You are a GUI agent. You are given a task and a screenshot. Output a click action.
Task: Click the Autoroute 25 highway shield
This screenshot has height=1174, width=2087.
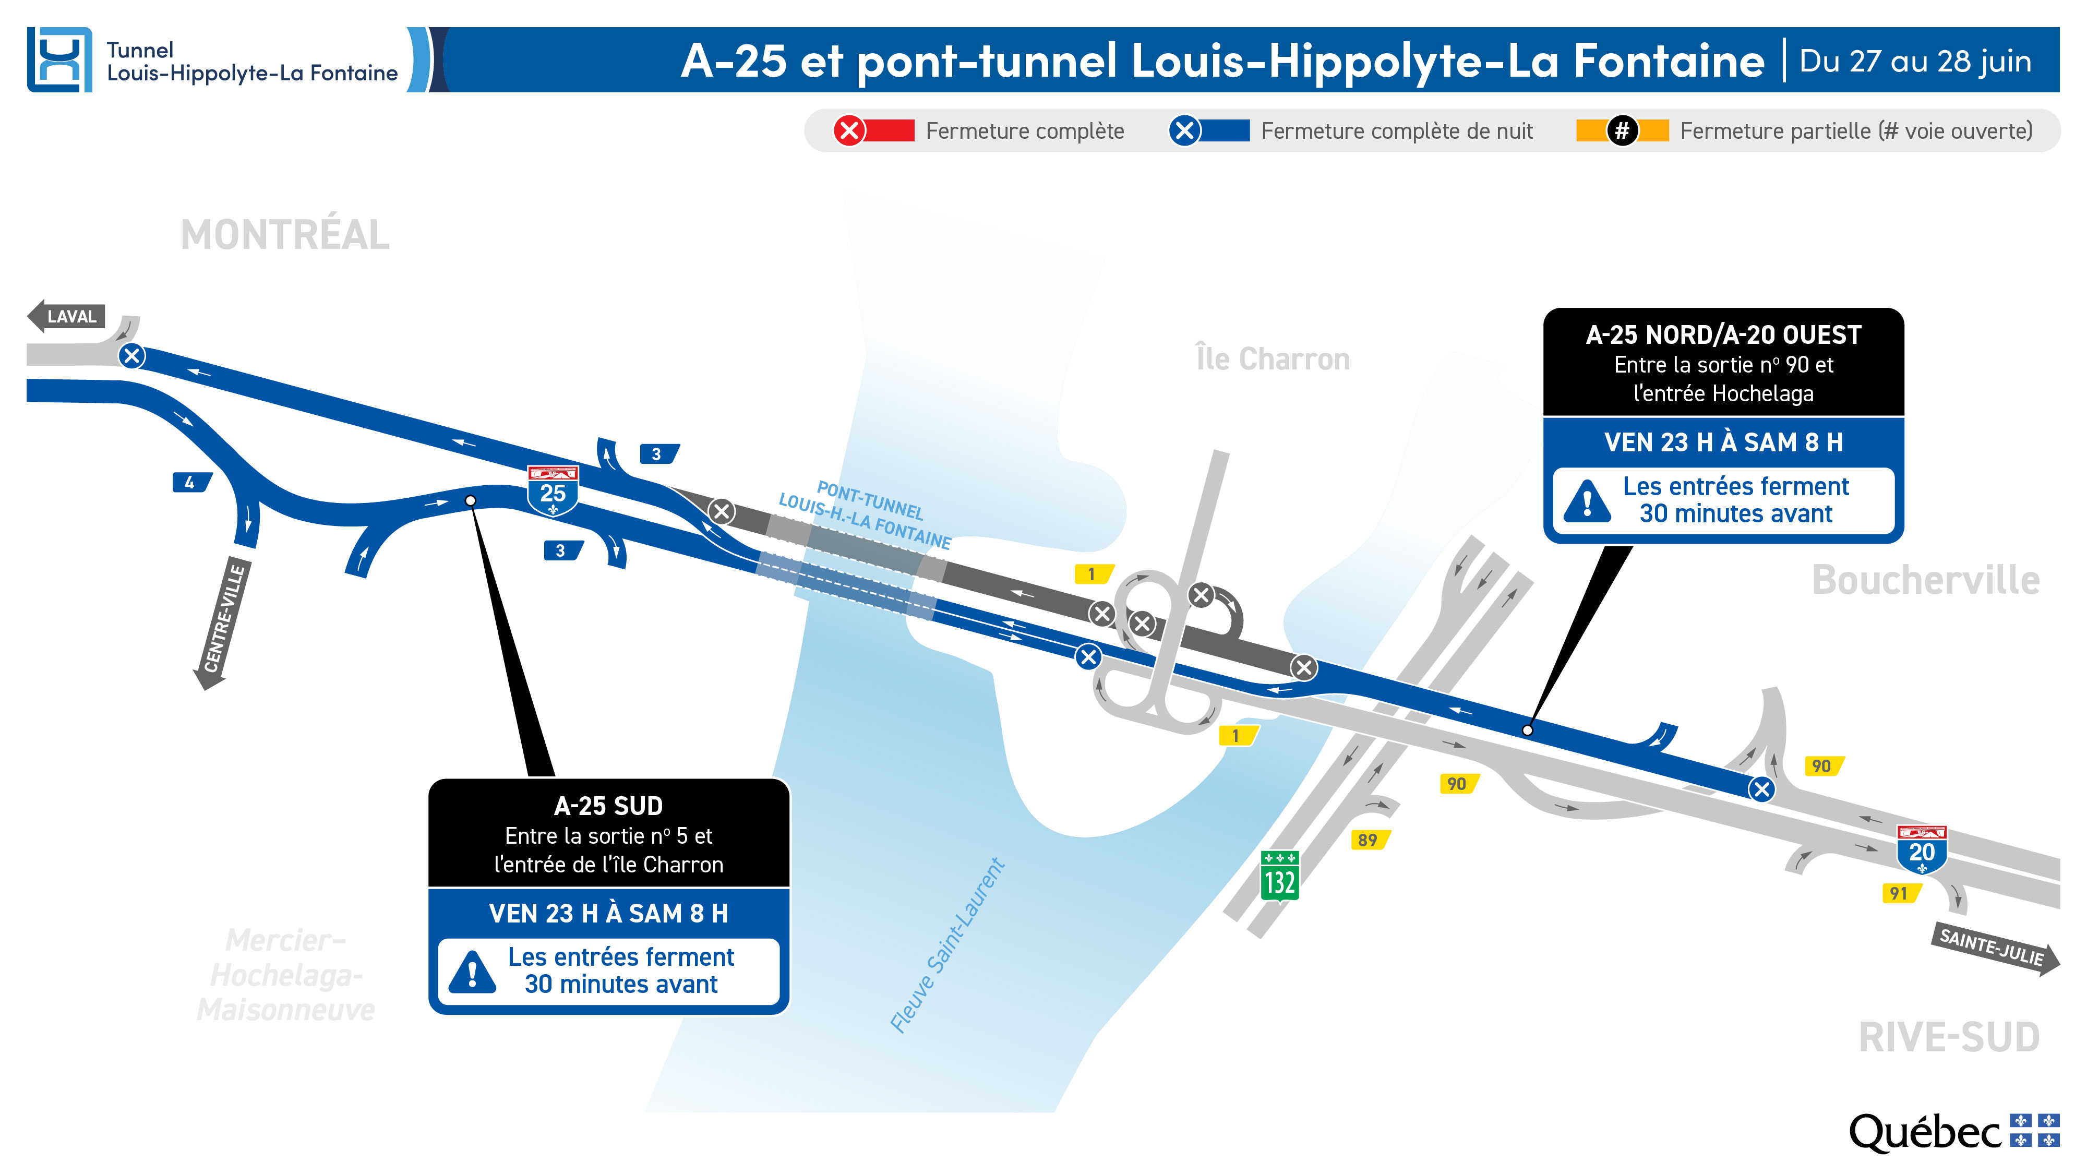(553, 490)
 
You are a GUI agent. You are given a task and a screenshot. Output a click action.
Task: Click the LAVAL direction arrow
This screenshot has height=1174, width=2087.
(66, 316)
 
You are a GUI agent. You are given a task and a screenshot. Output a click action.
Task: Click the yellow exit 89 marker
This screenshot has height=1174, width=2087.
(1369, 840)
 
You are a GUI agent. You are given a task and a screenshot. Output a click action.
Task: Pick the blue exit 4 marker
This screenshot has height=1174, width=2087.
(190, 483)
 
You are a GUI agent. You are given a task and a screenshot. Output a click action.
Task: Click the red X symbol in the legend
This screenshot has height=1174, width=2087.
(849, 130)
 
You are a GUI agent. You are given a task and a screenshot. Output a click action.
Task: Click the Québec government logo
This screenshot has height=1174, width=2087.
(1952, 1132)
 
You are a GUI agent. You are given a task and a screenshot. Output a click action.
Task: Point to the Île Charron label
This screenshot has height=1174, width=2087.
(1272, 359)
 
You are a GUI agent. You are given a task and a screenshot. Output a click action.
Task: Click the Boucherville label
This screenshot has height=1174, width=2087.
(1925, 580)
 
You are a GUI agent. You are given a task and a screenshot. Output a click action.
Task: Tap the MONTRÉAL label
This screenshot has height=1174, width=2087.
(284, 235)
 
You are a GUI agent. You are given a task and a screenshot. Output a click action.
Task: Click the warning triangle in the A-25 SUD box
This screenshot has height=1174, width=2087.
(472, 972)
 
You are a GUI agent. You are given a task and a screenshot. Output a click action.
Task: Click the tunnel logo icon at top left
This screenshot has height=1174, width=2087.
(59, 60)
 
